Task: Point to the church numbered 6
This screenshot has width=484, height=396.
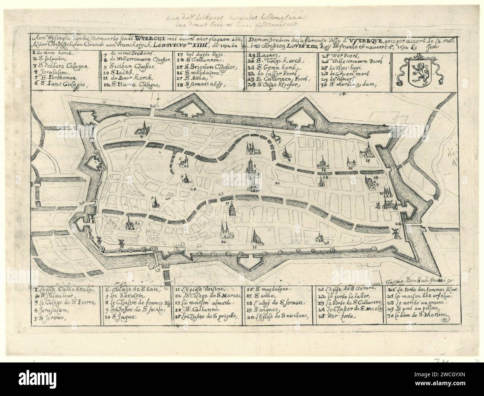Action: pos(184,162)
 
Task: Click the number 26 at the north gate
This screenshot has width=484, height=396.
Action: pos(152,106)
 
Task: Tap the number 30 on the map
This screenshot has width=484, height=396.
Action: pos(276,183)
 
